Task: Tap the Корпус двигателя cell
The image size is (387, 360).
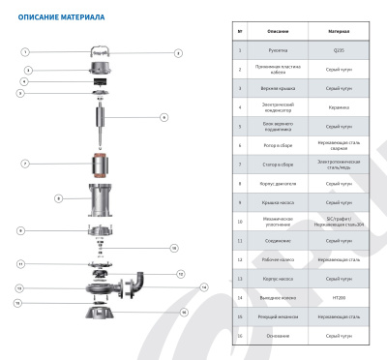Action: [271, 183]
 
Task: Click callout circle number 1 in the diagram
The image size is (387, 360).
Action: [26, 50]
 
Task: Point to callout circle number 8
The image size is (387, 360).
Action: [58, 198]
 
